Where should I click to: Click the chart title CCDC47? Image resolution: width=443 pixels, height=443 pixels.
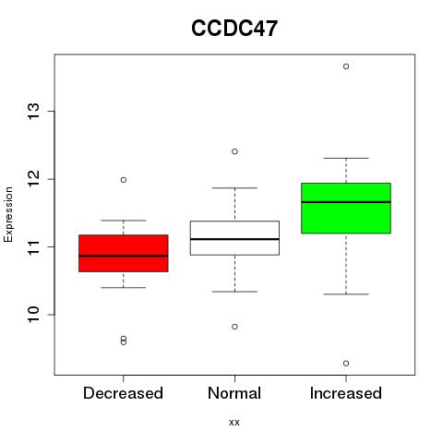pyautogui.click(x=234, y=29)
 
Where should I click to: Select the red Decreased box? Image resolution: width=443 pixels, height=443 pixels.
pyautogui.click(x=124, y=253)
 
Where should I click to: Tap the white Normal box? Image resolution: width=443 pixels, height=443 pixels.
pyautogui.click(x=234, y=238)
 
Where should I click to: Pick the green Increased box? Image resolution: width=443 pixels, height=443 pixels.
pyautogui.click(x=346, y=209)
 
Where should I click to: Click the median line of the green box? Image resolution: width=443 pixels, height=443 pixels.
pyautogui.click(x=346, y=202)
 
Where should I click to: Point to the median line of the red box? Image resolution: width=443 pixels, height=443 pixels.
pyautogui.click(x=124, y=256)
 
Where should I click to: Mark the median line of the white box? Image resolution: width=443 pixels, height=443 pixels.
pyautogui.click(x=234, y=239)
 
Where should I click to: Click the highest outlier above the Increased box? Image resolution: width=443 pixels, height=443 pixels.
pyautogui.click(x=346, y=66)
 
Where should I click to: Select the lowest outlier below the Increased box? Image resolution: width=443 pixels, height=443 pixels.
pyautogui.click(x=346, y=364)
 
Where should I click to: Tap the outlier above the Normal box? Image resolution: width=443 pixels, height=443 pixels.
pyautogui.click(x=234, y=151)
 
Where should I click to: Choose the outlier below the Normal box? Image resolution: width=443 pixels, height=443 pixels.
pyautogui.click(x=234, y=327)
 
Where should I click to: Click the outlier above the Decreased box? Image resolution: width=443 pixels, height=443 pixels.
pyautogui.click(x=124, y=180)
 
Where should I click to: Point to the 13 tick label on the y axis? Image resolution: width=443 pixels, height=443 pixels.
pyautogui.click(x=34, y=112)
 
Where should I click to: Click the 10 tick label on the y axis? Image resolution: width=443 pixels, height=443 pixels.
pyautogui.click(x=34, y=315)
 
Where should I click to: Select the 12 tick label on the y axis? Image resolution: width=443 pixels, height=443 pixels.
pyautogui.click(x=34, y=179)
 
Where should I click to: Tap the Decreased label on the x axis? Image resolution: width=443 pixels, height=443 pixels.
pyautogui.click(x=123, y=393)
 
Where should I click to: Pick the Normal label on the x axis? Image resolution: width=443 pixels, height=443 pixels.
pyautogui.click(x=234, y=393)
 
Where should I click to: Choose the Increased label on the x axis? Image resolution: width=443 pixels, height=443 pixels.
pyautogui.click(x=346, y=393)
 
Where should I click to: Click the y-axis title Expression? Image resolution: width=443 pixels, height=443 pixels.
pyautogui.click(x=8, y=214)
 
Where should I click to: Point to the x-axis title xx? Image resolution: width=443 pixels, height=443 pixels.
pyautogui.click(x=234, y=423)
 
